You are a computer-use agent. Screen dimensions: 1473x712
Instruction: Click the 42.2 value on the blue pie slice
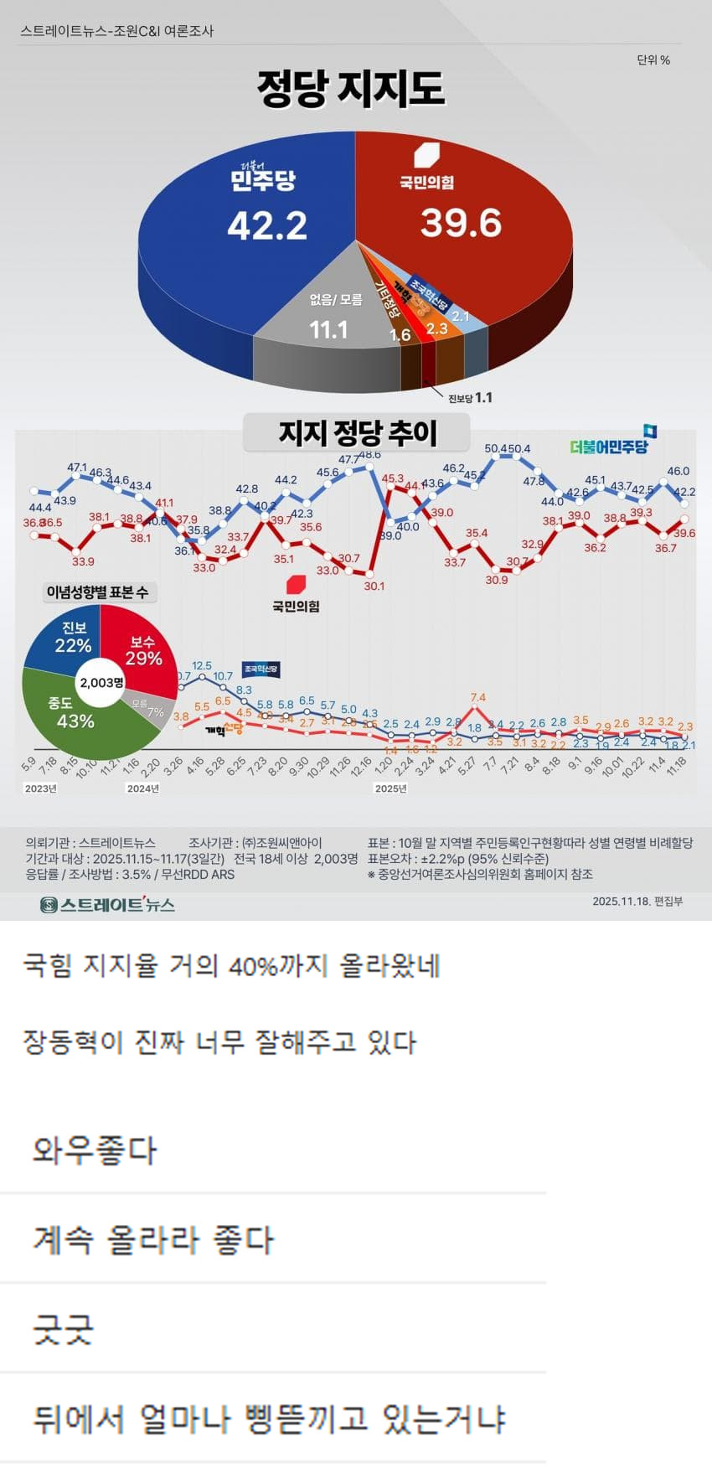[x=267, y=225]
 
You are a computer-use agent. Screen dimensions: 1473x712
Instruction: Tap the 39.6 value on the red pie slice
[x=461, y=223]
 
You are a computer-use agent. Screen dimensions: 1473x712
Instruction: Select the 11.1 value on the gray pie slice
[x=328, y=329]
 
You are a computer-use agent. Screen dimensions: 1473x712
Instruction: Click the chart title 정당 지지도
[x=351, y=89]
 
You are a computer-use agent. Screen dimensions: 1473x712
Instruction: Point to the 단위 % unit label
[x=653, y=60]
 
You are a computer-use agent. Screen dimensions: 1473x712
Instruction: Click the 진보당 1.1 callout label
[x=470, y=398]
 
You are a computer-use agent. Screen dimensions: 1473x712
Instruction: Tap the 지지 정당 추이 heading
[x=358, y=433]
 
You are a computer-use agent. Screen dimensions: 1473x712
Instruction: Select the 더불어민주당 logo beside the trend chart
[x=612, y=443]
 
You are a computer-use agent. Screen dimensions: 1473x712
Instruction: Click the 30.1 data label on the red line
[x=374, y=586]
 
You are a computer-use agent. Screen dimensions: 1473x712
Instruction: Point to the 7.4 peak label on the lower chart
[x=478, y=697]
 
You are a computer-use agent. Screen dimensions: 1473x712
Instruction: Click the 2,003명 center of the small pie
[x=101, y=682]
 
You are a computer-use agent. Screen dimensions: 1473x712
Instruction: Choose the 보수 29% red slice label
[x=143, y=650]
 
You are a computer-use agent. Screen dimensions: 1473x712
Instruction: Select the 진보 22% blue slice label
[x=73, y=638]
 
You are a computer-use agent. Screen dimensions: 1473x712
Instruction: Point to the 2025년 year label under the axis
[x=390, y=788]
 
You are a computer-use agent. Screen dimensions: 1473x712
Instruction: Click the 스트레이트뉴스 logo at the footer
[x=107, y=905]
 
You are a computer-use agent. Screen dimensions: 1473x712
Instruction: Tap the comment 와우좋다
[x=94, y=1150]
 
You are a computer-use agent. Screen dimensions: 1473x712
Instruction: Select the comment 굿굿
[x=63, y=1330]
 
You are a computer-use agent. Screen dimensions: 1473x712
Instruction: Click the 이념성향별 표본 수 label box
[x=97, y=592]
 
